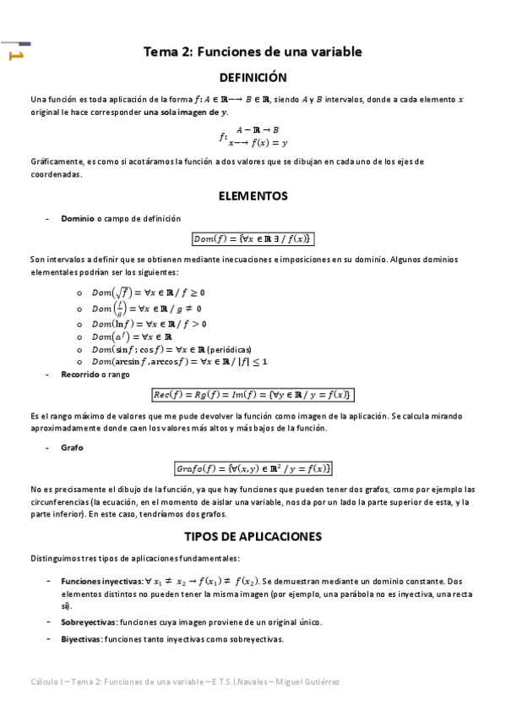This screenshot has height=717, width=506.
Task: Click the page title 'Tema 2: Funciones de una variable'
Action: [253, 52]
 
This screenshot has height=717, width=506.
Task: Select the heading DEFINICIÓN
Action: [253, 78]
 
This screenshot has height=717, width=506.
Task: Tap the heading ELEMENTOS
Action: [253, 196]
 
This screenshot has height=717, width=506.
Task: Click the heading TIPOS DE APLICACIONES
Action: [253, 536]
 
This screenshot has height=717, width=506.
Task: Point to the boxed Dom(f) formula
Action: [253, 238]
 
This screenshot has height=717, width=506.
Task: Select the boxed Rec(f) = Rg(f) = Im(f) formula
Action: [253, 395]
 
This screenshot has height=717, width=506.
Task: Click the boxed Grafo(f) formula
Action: [253, 468]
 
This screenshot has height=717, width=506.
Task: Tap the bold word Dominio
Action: [79, 218]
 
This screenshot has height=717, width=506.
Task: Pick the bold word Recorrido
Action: [80, 373]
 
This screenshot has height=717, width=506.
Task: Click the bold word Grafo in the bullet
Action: [72, 447]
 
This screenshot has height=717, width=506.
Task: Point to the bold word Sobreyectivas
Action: [86, 622]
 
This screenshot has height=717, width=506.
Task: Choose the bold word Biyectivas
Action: [80, 638]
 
